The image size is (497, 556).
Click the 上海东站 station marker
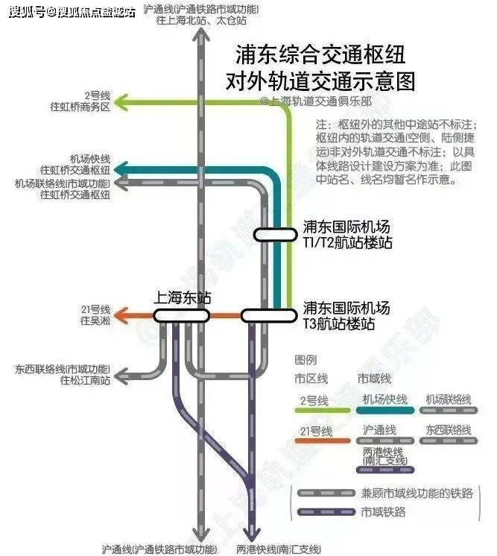(x=181, y=315)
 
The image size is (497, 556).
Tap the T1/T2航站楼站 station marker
(x=275, y=234)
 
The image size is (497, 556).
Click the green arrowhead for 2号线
(x=124, y=101)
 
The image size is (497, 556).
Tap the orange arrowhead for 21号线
(x=124, y=315)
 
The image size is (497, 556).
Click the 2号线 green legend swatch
(x=322, y=410)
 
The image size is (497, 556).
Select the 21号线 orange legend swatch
(x=322, y=441)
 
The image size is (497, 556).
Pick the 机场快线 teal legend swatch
(x=385, y=410)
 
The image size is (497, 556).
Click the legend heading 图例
(x=306, y=359)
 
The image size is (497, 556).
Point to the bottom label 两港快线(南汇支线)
(x=279, y=548)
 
